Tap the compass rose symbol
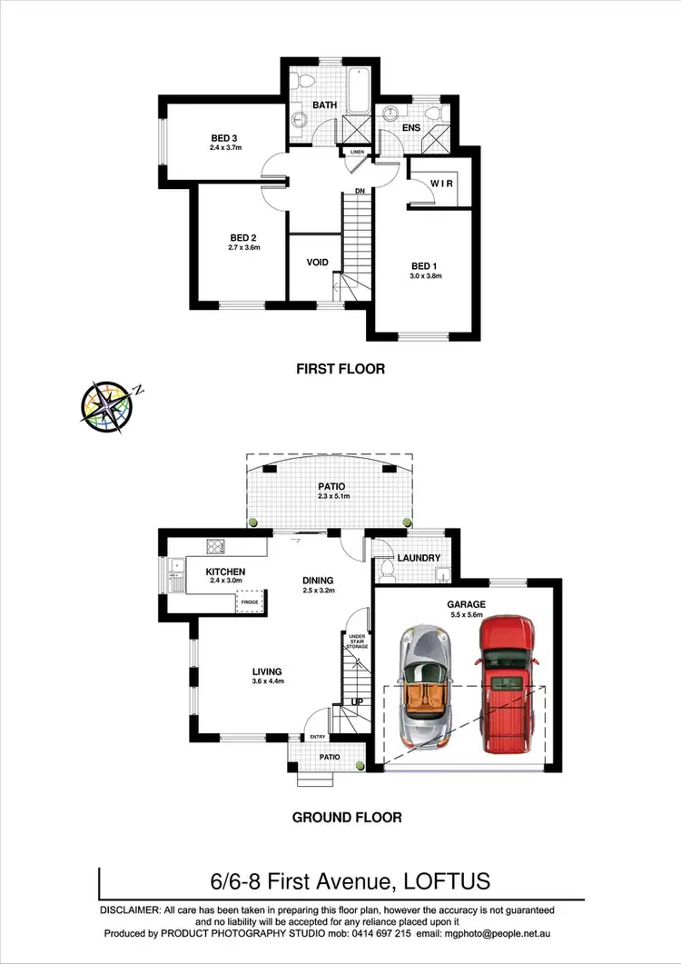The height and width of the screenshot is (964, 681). pyautogui.click(x=107, y=406)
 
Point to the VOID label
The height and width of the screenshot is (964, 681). pyautogui.click(x=317, y=262)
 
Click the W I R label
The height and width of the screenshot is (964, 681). pyautogui.click(x=441, y=184)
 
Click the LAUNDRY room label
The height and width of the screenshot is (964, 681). pyautogui.click(x=419, y=558)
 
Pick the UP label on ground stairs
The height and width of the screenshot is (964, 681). pyautogui.click(x=359, y=702)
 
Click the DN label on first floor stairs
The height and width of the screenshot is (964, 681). pyautogui.click(x=360, y=191)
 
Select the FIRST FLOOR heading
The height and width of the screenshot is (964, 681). pyautogui.click(x=340, y=369)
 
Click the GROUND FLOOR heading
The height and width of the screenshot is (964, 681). pyautogui.click(x=347, y=818)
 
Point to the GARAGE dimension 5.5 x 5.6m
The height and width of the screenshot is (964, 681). pyautogui.click(x=467, y=615)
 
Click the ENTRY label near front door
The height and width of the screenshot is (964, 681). pyautogui.click(x=318, y=737)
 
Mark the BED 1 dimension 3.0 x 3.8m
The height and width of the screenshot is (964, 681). pyautogui.click(x=425, y=275)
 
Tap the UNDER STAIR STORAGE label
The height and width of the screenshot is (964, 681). pyautogui.click(x=358, y=642)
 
